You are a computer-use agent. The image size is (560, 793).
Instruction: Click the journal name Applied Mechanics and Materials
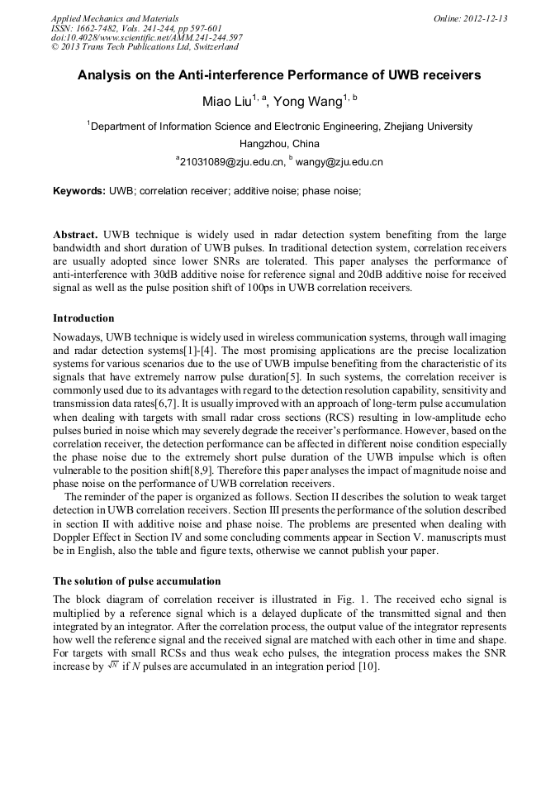tap(114, 17)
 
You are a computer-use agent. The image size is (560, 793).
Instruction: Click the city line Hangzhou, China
tap(279, 144)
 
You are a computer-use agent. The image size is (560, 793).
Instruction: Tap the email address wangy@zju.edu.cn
tap(341, 162)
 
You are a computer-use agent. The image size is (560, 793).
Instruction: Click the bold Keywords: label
tap(79, 191)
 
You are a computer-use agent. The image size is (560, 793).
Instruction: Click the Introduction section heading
tap(83, 318)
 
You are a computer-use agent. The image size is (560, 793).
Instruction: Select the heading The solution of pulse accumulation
tap(136, 581)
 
